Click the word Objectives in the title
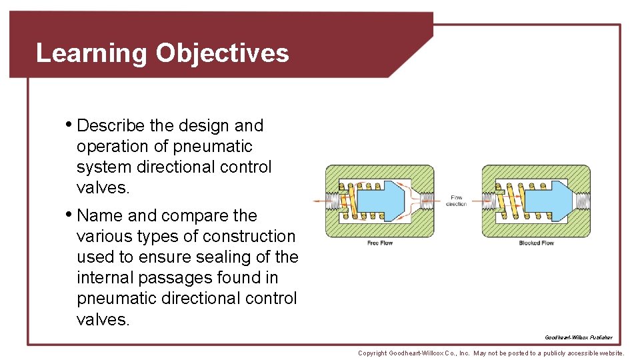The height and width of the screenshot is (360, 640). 222,53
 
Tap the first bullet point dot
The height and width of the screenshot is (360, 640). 70,124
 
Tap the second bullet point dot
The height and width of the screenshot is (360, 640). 70,214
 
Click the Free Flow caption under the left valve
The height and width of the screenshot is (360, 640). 380,243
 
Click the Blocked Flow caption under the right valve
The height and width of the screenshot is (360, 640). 537,243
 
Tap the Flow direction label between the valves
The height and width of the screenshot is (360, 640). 457,200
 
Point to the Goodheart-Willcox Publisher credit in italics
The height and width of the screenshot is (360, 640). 578,337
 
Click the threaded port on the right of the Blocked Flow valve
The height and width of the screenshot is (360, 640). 582,199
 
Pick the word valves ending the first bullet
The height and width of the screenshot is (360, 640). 102,187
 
